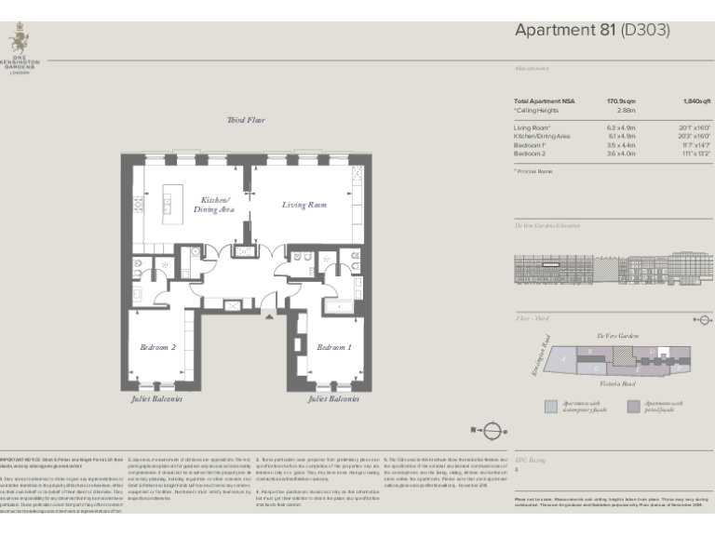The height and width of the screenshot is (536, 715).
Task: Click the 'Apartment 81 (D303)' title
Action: click(591, 31)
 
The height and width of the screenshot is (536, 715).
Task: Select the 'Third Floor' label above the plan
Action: click(247, 121)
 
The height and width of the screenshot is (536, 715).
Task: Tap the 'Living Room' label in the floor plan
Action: click(304, 204)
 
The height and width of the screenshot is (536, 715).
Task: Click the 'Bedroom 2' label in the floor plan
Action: click(158, 347)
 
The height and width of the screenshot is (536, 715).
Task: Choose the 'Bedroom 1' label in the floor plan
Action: click(334, 347)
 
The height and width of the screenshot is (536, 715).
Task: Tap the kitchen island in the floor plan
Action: click(170, 197)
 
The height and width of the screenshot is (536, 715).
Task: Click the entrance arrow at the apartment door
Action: click(270, 316)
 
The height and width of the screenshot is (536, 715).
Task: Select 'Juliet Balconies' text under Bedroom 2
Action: click(156, 398)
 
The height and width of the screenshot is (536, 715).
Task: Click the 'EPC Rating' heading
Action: click(528, 460)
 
